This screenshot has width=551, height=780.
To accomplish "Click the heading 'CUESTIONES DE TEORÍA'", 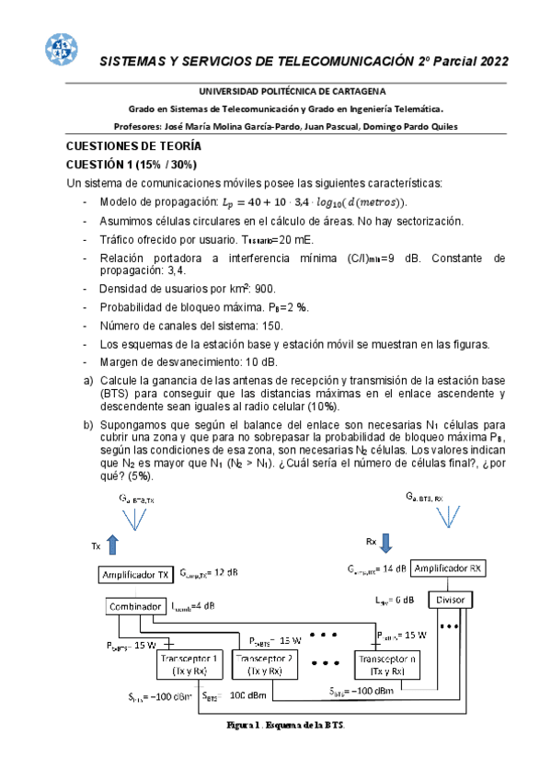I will [x=133, y=146].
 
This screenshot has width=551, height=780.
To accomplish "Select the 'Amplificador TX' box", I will [x=134, y=575].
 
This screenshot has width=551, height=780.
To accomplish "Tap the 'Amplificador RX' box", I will [x=448, y=568].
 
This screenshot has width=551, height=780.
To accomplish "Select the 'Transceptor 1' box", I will [x=190, y=665].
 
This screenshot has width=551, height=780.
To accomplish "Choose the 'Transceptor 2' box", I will [x=265, y=665].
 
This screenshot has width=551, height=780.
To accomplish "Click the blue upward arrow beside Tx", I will [x=113, y=544].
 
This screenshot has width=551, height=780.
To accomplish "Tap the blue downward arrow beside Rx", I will [x=387, y=540].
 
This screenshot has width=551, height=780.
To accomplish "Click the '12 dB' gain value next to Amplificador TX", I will [x=222, y=573].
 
